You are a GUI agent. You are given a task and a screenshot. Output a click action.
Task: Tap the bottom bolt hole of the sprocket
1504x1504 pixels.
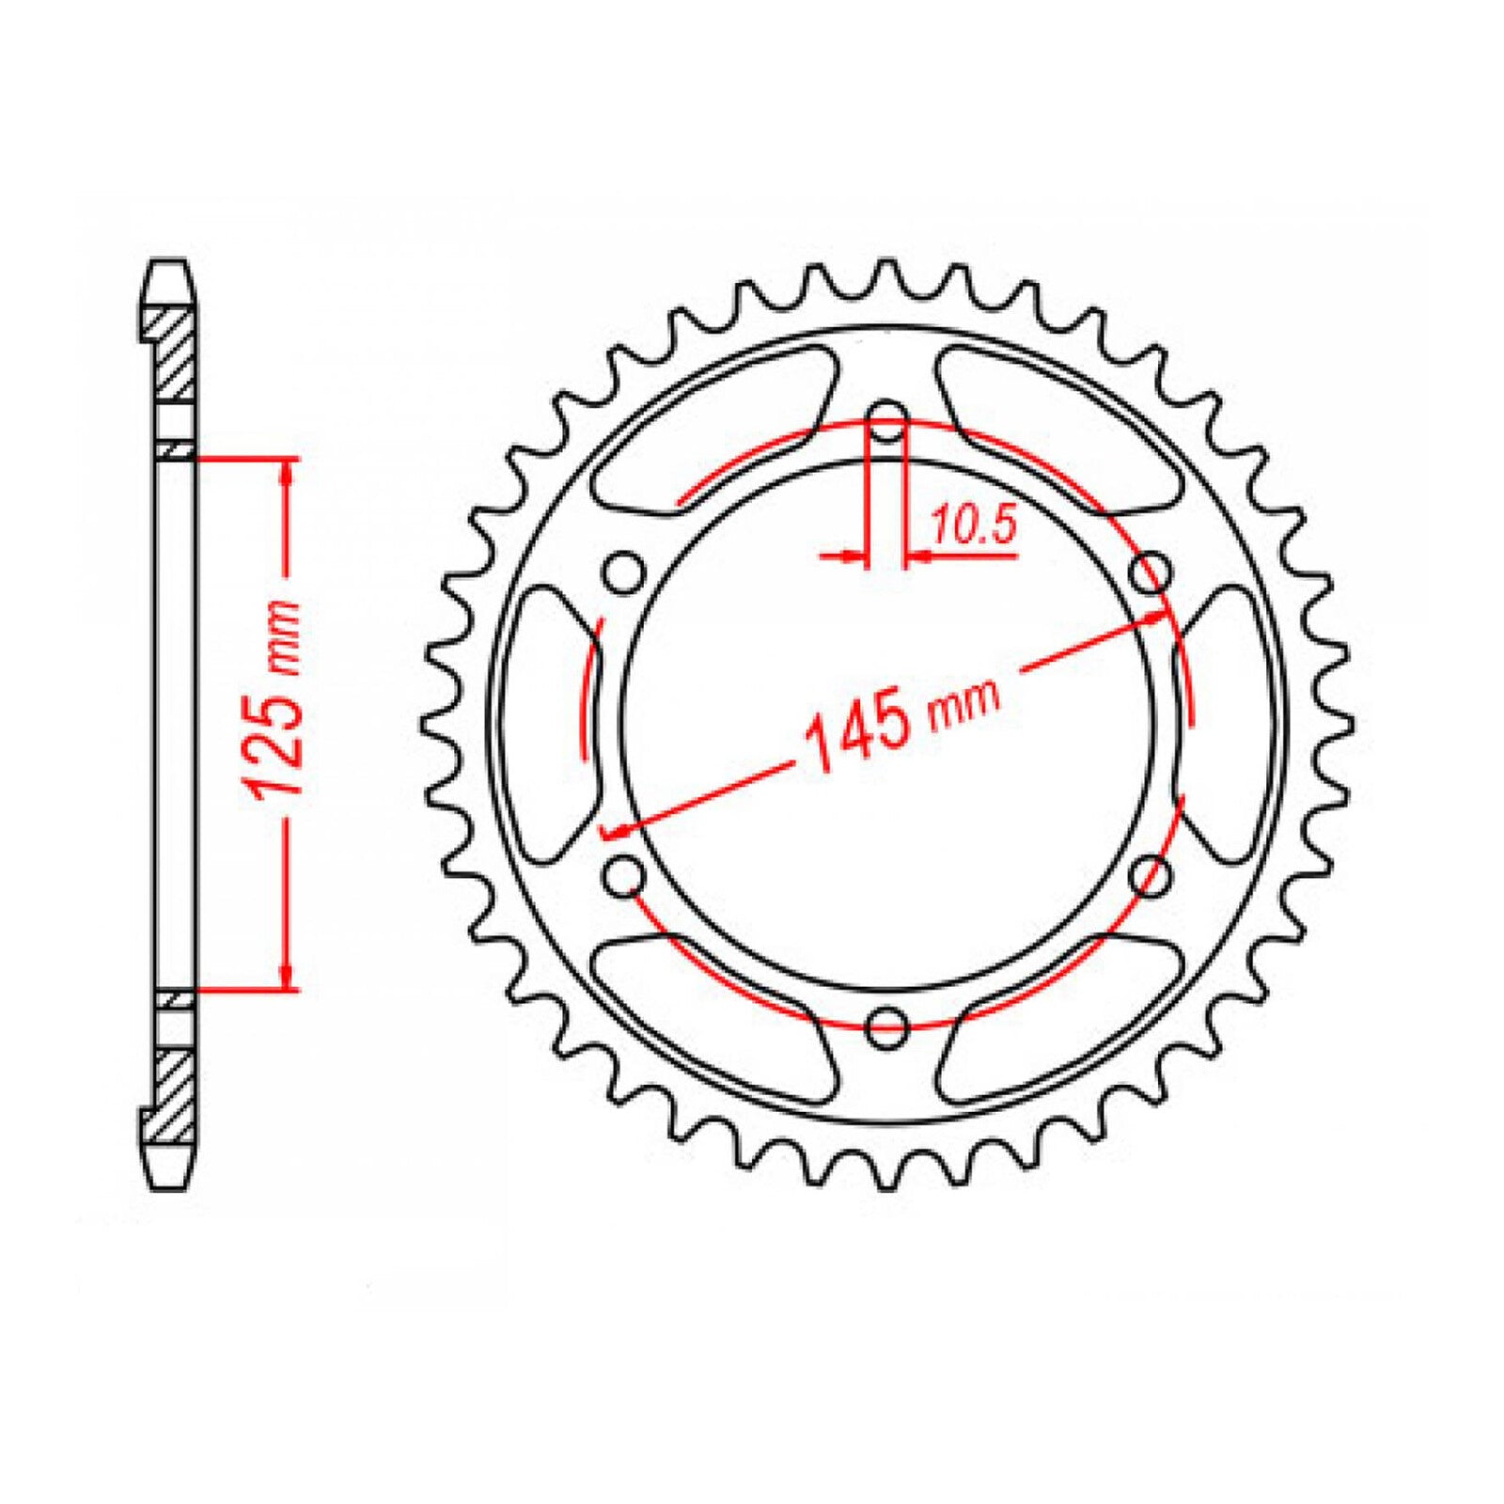click(886, 1026)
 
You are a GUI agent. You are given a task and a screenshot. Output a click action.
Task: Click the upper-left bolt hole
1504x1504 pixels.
click(623, 573)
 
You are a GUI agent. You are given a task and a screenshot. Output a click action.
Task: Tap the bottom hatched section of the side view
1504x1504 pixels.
click(175, 1095)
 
